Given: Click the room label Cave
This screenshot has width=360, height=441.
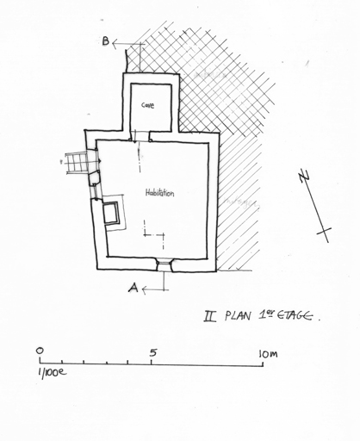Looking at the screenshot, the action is (x=148, y=105).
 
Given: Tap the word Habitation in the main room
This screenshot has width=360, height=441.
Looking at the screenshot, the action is (x=159, y=193).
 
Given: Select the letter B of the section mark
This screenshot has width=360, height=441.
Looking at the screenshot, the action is (x=106, y=41).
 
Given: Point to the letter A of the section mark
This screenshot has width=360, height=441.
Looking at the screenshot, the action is (x=133, y=288).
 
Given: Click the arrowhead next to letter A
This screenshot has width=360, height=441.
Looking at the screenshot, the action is (x=145, y=290).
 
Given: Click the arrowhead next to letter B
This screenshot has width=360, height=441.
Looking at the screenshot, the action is (x=115, y=44).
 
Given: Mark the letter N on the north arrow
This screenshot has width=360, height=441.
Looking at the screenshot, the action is (x=304, y=176).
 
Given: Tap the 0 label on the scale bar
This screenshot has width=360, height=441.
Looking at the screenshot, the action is (x=40, y=351).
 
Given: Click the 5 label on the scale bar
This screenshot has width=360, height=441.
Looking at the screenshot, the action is (x=153, y=352).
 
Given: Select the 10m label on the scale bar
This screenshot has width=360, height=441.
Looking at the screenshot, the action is (x=268, y=354).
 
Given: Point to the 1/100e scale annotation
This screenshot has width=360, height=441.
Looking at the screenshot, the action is (x=52, y=372).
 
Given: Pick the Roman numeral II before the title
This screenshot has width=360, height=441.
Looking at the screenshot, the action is (x=210, y=316).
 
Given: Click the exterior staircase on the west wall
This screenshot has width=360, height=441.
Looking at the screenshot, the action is (x=76, y=163).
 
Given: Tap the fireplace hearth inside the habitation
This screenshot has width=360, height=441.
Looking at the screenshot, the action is (x=110, y=213).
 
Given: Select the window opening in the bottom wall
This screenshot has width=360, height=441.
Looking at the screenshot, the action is (x=164, y=265).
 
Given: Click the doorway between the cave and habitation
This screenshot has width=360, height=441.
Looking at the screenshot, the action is (x=140, y=136).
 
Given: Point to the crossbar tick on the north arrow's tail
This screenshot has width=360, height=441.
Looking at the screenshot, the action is (x=324, y=231).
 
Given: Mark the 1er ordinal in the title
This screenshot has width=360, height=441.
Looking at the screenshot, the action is (x=265, y=315).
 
